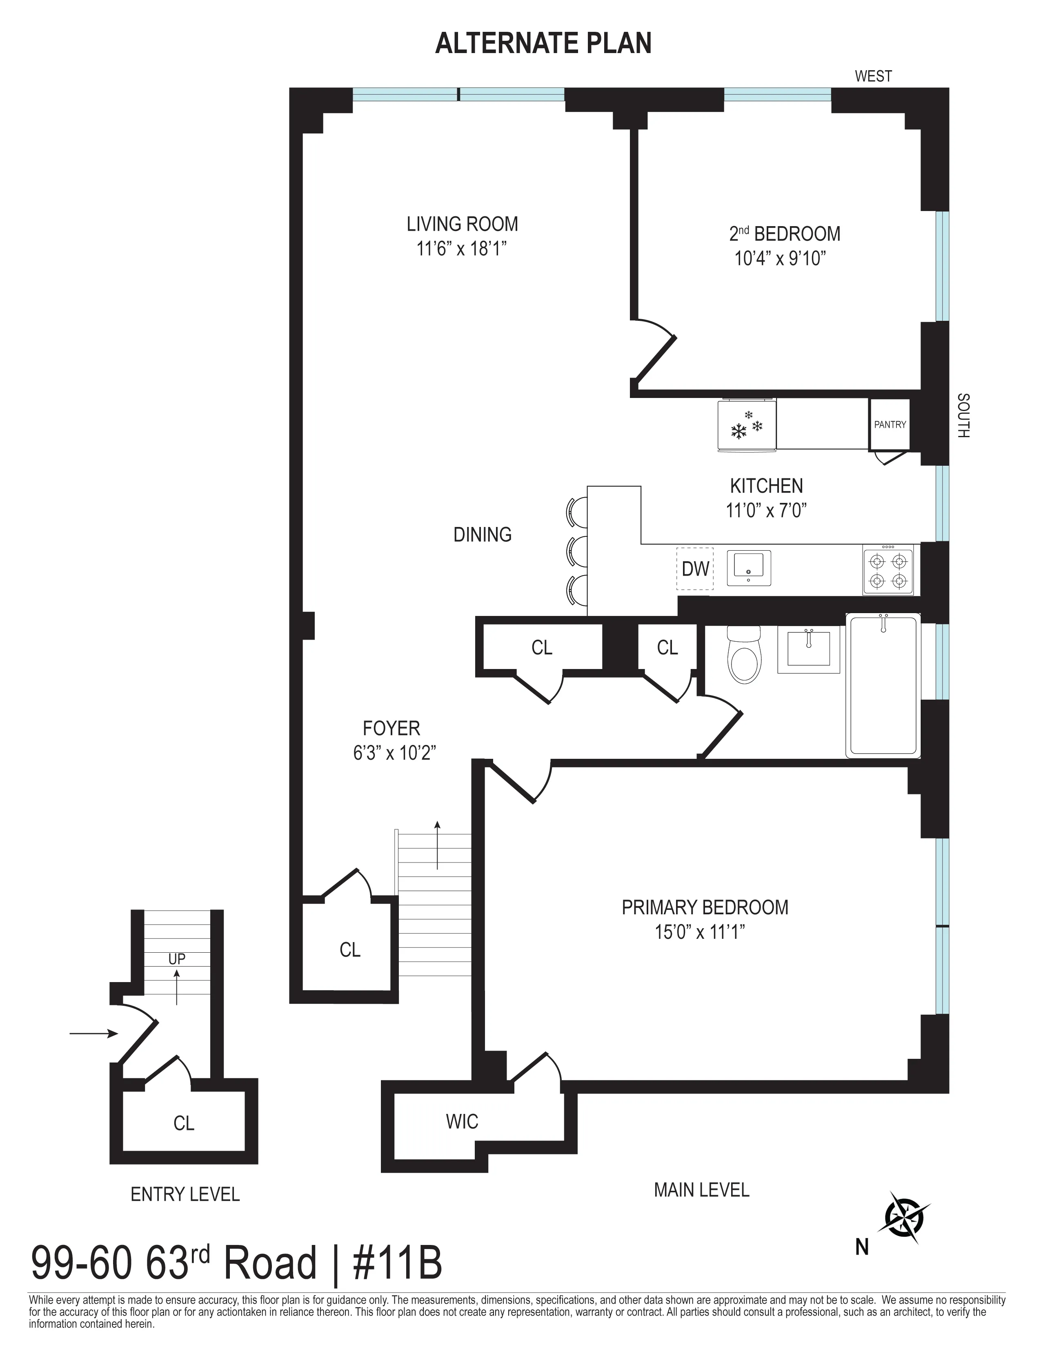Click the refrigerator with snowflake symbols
[x=747, y=426]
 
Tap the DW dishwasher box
[x=695, y=569]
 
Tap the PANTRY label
[x=889, y=425]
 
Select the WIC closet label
[x=462, y=1121]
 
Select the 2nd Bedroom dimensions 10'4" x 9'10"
[x=779, y=258]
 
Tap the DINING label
[x=482, y=534]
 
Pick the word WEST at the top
[x=873, y=76]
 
